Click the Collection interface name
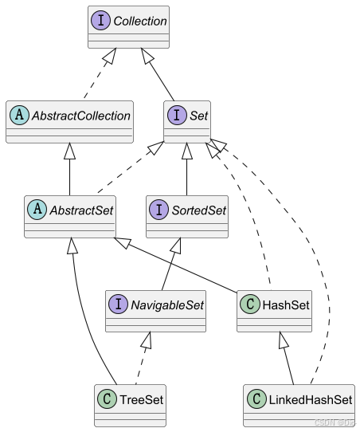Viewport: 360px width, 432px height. [x=140, y=22]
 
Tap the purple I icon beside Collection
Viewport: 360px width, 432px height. [x=100, y=21]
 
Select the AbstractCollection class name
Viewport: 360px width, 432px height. [x=81, y=116]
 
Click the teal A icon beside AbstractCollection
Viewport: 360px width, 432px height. [x=19, y=115]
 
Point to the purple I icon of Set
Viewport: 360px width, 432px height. [x=177, y=115]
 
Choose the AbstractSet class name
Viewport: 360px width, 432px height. [x=81, y=210]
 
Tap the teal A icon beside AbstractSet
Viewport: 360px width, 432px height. [x=37, y=210]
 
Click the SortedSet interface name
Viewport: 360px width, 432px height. [x=198, y=210]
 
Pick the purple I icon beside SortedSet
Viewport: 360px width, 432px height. [x=158, y=210]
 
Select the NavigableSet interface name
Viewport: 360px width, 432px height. [x=167, y=305]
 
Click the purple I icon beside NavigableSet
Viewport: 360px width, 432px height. [x=118, y=304]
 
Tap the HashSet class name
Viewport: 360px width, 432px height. [x=286, y=305]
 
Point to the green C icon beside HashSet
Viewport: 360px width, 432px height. [x=250, y=304]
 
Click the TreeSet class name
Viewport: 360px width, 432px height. [x=142, y=400]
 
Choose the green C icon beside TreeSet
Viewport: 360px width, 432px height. [x=107, y=399]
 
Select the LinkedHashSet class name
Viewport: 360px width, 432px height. [x=311, y=400]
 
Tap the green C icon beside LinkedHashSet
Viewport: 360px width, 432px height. [x=256, y=399]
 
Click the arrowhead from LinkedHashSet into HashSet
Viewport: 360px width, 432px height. [x=283, y=340]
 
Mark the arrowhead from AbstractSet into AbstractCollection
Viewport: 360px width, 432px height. [x=69, y=151]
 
